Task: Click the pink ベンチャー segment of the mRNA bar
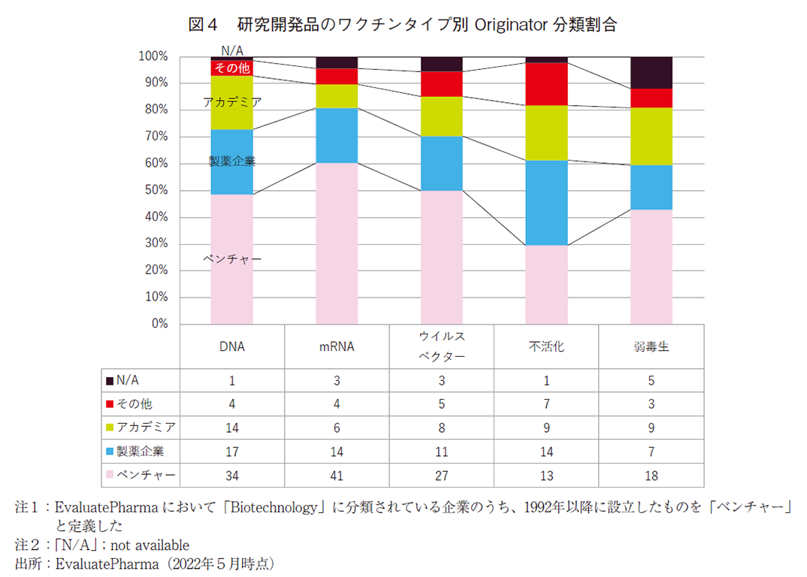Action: (337, 243)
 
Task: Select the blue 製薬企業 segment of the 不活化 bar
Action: (546, 203)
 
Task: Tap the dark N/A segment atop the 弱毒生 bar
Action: (651, 72)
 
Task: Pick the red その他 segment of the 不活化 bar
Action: (546, 83)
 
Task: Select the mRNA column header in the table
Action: (337, 347)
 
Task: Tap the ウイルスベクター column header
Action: (441, 346)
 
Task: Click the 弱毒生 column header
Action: (651, 347)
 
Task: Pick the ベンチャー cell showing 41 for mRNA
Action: (337, 476)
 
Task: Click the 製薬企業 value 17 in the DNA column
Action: (231, 452)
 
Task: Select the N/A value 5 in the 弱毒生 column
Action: (651, 381)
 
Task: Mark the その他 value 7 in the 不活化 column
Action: (546, 404)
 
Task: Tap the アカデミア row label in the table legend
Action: (147, 428)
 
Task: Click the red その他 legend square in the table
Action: (110, 404)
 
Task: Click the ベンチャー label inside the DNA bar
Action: (232, 258)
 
